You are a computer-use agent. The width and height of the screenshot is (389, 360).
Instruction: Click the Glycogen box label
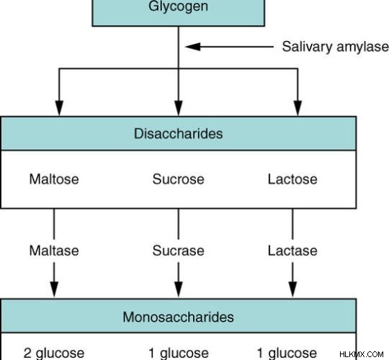[178, 6]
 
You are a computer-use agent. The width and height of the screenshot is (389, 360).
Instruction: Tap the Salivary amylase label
[336, 47]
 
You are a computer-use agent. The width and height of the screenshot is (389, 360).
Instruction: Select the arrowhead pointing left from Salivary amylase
[193, 46]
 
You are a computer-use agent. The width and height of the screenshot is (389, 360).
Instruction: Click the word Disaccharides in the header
[178, 134]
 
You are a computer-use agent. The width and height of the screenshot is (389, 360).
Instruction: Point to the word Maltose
[54, 179]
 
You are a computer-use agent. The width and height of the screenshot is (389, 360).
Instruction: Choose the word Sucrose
[179, 179]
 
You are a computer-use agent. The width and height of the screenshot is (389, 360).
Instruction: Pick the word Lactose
[292, 179]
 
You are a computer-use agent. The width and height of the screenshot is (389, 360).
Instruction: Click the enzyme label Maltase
[54, 251]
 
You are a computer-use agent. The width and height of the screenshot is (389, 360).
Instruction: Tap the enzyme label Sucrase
[179, 251]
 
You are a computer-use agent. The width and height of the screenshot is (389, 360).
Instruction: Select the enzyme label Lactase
[292, 251]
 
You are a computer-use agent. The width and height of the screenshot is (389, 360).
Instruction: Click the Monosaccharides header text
[178, 317]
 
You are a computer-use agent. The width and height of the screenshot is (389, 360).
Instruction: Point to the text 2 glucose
[54, 354]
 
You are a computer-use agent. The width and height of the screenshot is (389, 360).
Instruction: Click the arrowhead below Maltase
[54, 289]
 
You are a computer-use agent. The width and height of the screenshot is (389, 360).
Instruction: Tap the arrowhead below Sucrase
[179, 289]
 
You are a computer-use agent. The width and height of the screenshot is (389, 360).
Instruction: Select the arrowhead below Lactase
[292, 289]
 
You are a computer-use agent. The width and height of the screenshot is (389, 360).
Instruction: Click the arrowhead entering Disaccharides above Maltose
[59, 108]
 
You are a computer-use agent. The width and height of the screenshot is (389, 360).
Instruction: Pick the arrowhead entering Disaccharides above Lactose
[298, 108]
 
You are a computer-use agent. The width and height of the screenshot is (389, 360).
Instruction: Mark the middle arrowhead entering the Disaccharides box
[179, 108]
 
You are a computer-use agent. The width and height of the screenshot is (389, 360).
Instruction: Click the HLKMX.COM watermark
[362, 354]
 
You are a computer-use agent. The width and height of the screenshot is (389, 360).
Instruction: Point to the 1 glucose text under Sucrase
[179, 354]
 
